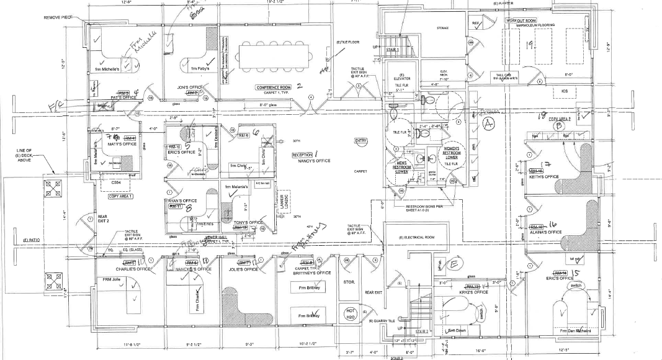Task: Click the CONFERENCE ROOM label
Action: click(274, 88)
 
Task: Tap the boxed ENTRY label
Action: click(361, 141)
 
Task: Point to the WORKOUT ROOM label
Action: click(520, 20)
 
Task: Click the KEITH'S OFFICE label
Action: click(543, 176)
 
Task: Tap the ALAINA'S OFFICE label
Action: click(545, 232)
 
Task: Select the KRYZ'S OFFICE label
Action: click(472, 291)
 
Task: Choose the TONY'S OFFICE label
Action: click(248, 222)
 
